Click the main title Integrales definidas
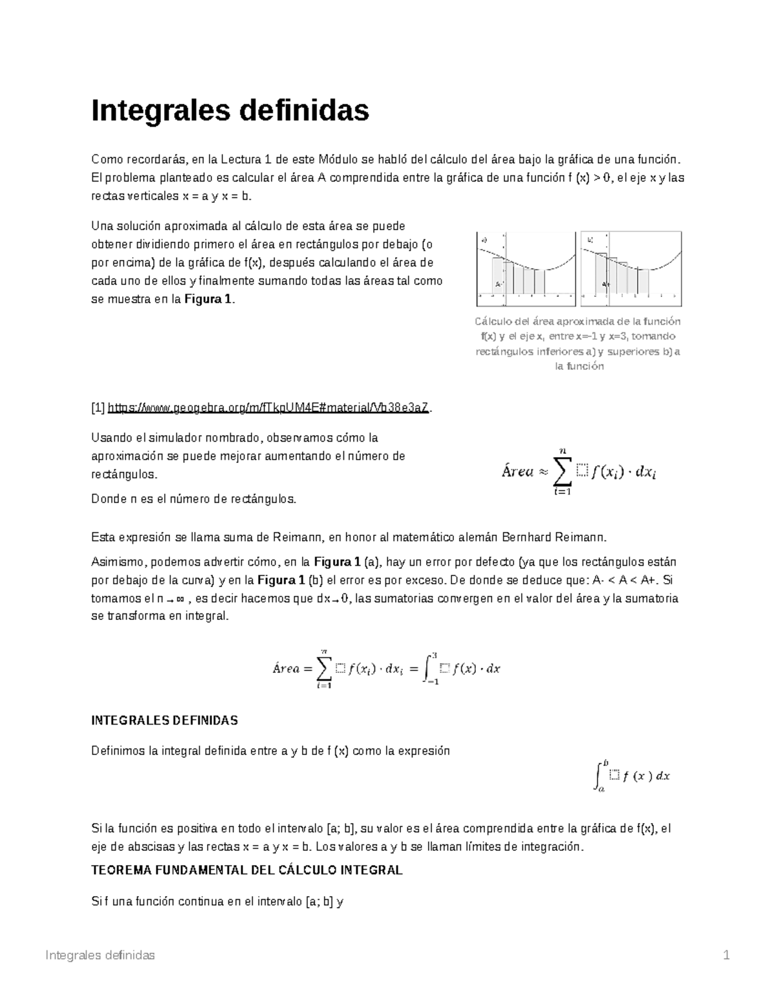point(230,111)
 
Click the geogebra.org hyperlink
point(268,407)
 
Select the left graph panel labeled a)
point(525,268)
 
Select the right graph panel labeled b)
point(630,268)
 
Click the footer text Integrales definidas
point(100,956)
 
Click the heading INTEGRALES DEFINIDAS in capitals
point(165,720)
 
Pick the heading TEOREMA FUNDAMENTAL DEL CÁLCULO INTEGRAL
point(247,870)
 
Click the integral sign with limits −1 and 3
point(427,668)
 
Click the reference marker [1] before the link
point(98,407)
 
